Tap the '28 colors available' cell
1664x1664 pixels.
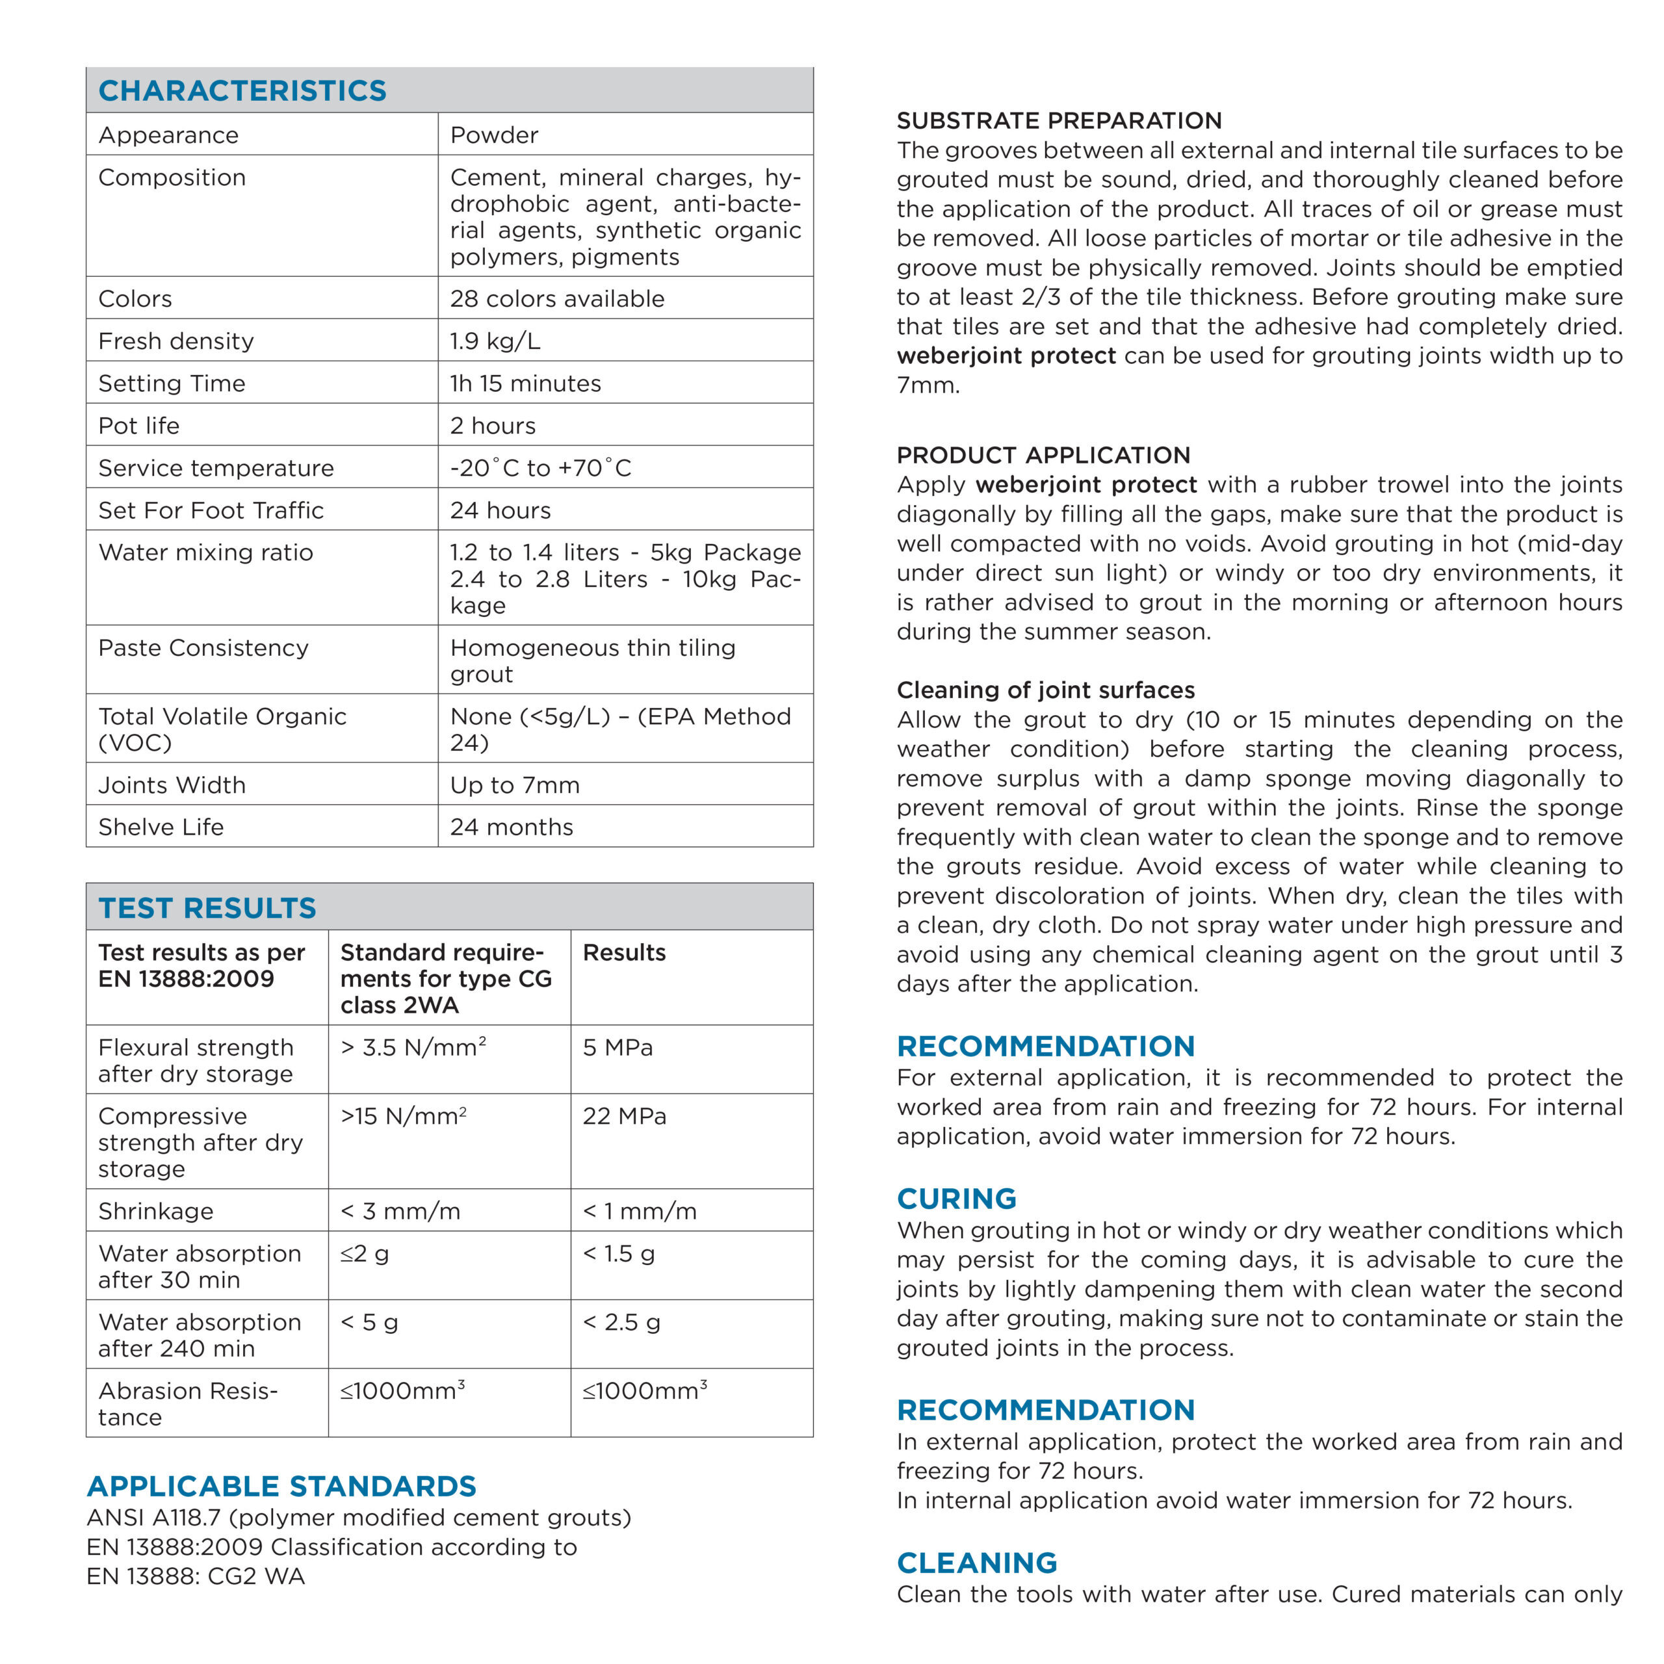tap(556, 299)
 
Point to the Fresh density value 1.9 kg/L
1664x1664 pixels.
tap(495, 341)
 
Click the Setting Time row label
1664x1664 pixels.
tap(172, 383)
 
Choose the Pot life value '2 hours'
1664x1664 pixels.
tap(492, 426)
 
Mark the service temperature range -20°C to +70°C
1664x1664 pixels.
tap(540, 468)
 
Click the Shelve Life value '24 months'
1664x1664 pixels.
tap(511, 827)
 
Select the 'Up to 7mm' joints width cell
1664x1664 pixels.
tap(514, 785)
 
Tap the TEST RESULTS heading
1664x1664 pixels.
tap(207, 908)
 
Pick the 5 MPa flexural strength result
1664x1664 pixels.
tap(617, 1047)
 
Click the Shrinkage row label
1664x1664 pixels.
tap(155, 1211)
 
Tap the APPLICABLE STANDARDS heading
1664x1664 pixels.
tap(281, 1487)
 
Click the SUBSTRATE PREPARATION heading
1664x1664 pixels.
tap(1058, 121)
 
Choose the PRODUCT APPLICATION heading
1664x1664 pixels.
tap(1043, 455)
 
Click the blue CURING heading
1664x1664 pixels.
tap(956, 1199)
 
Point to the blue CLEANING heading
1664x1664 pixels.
tap(977, 1563)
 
